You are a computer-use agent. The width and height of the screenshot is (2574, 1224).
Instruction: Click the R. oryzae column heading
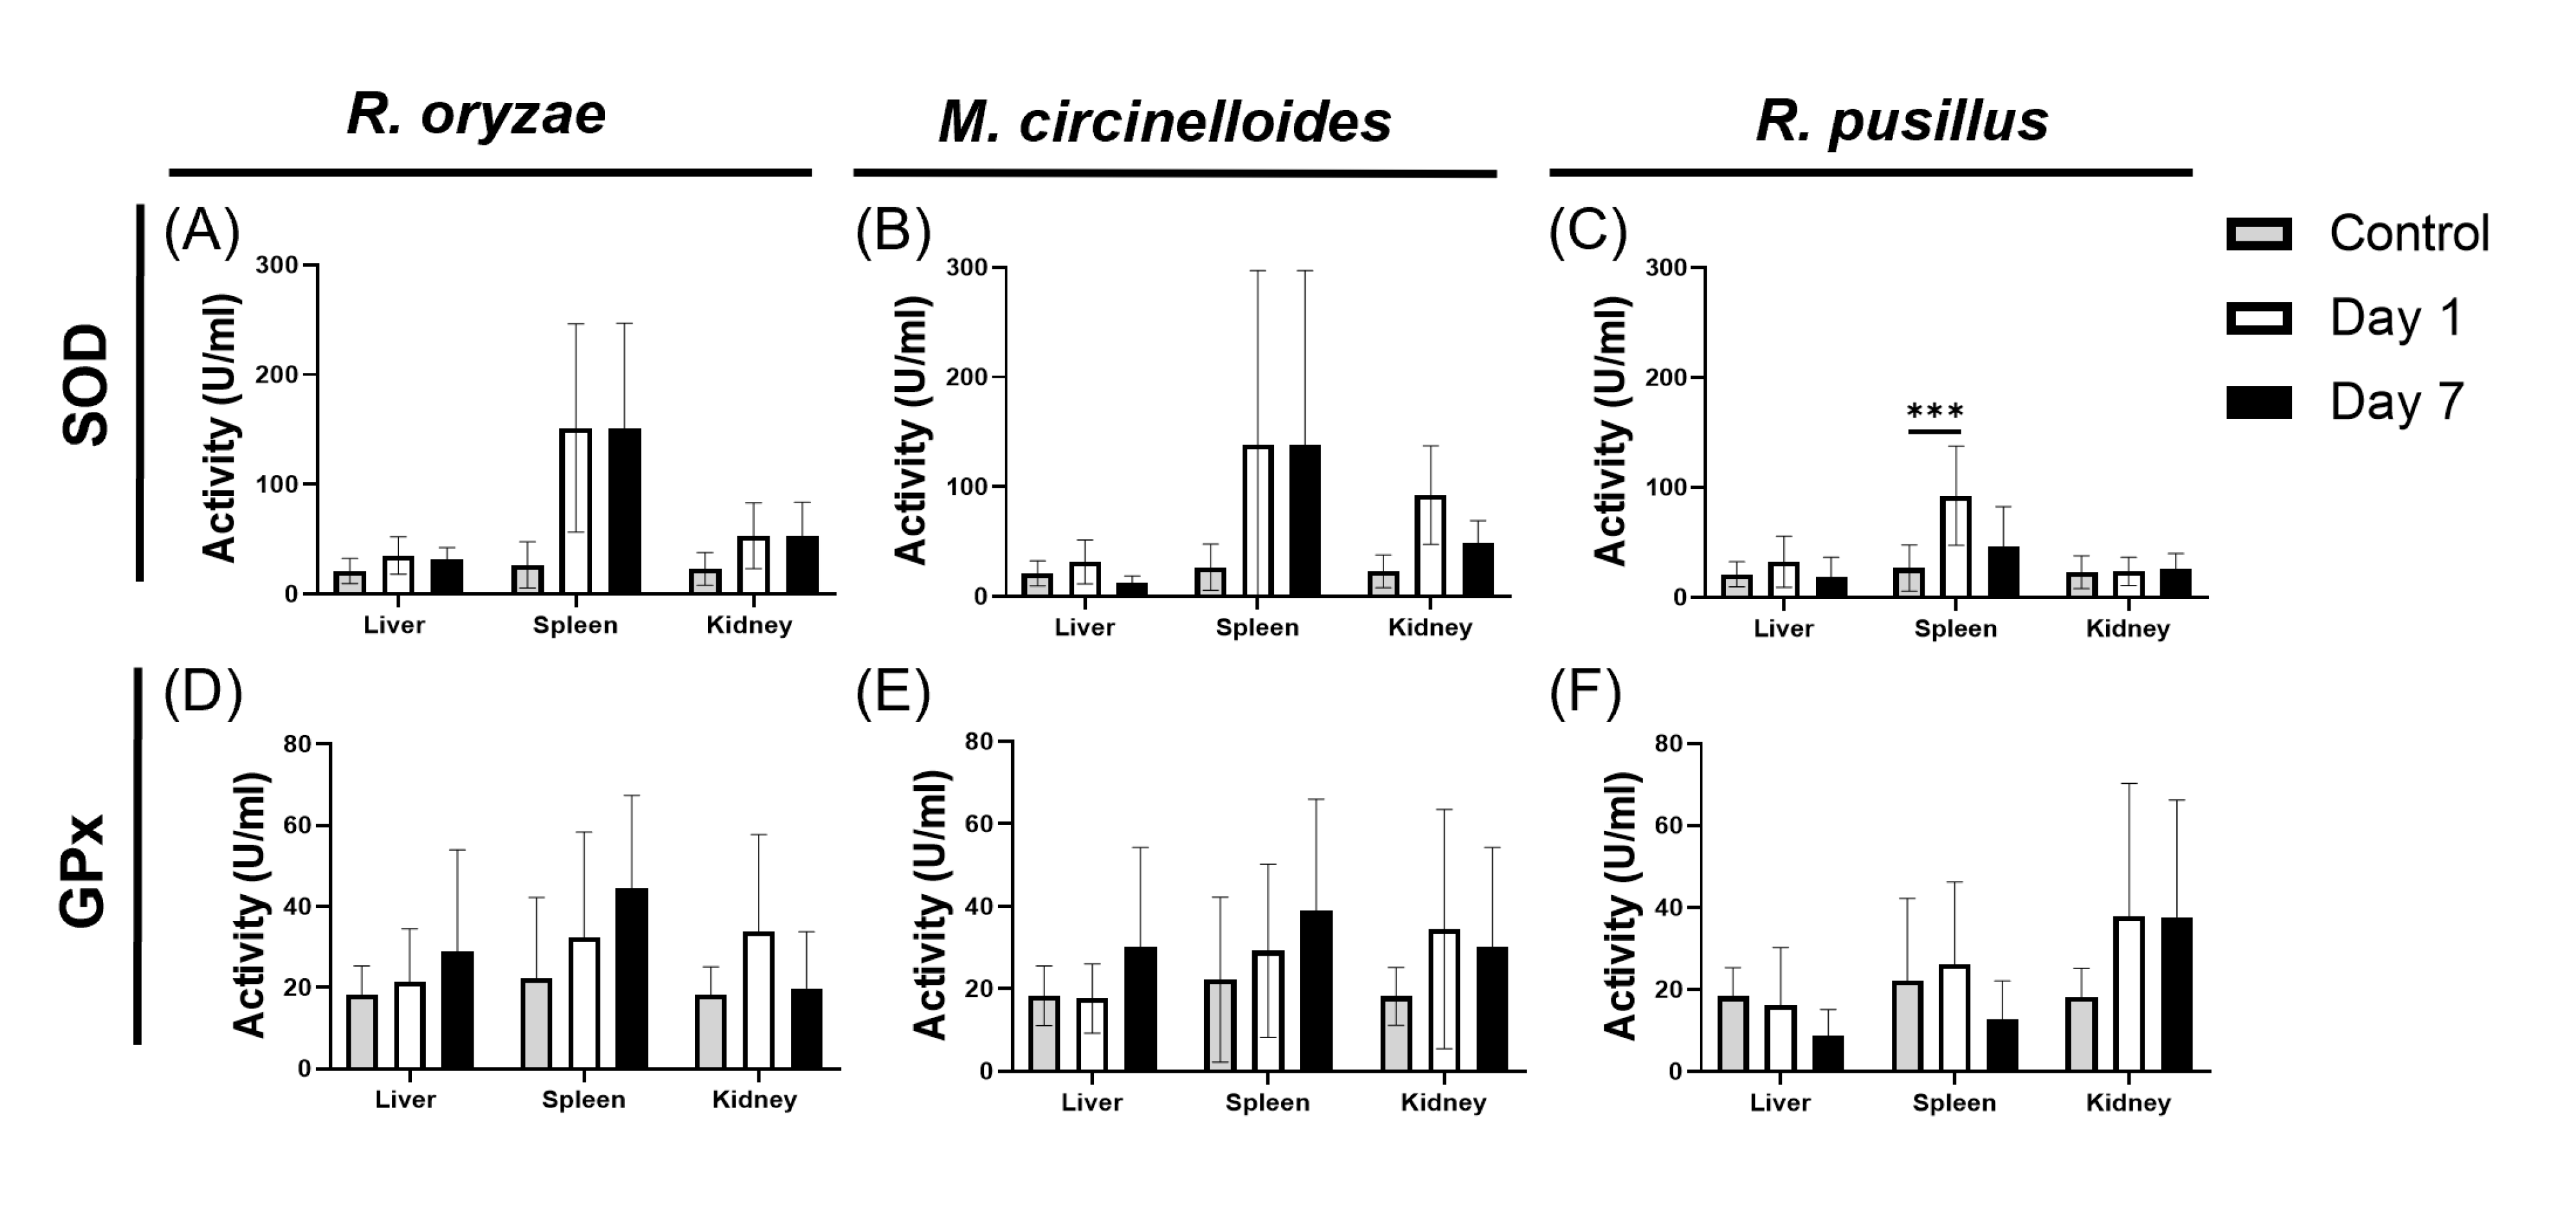coord(477,116)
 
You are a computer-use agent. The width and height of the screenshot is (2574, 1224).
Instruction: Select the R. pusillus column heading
coord(1902,122)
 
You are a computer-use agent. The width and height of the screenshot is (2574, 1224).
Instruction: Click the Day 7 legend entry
coord(2396,402)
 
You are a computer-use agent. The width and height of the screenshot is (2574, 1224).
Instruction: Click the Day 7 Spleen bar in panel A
coord(624,512)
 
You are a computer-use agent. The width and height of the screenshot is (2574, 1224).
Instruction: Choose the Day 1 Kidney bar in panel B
coord(1430,546)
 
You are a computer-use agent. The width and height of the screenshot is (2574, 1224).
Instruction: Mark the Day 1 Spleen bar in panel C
coord(1956,546)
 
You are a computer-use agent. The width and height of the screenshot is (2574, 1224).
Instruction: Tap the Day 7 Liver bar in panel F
coord(1828,1053)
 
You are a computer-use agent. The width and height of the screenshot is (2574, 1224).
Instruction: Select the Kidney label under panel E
coord(1443,1102)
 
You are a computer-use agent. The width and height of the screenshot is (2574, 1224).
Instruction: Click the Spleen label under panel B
coord(1257,627)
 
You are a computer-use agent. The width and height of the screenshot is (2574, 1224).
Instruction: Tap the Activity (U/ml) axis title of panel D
coord(250,904)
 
